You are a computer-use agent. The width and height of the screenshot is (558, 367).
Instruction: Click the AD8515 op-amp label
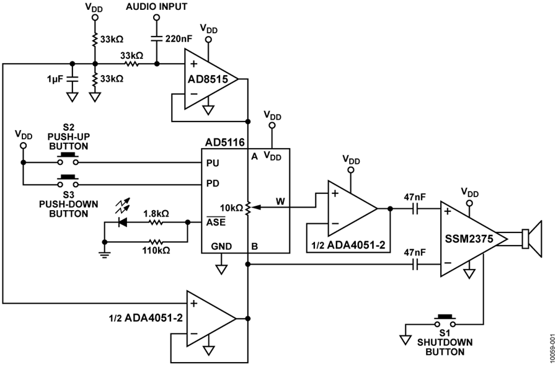pyautogui.click(x=208, y=79)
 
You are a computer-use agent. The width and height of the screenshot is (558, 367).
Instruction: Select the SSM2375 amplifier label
pyautogui.click(x=469, y=239)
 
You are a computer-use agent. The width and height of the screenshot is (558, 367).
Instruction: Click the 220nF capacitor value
pyautogui.click(x=179, y=38)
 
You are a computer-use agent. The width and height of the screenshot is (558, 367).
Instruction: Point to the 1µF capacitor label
pyautogui.click(x=55, y=79)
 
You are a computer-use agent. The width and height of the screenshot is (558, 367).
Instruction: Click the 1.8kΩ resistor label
pyautogui.click(x=156, y=214)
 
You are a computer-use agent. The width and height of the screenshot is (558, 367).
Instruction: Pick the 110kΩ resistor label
pyautogui.click(x=156, y=250)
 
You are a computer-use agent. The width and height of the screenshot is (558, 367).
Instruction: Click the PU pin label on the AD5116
pyautogui.click(x=213, y=163)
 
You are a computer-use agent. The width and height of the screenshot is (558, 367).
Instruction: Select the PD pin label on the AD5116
pyautogui.click(x=213, y=183)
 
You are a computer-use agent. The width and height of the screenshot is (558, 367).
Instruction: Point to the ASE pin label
pyautogui.click(x=216, y=221)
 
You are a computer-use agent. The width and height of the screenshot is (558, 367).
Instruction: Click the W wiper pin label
pyautogui.click(x=280, y=201)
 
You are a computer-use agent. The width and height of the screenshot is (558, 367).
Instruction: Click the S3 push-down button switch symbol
pyautogui.click(x=68, y=182)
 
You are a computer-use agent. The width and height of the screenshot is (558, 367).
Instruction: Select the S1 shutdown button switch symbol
pyautogui.click(x=445, y=321)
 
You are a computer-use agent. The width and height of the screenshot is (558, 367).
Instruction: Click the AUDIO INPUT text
pyautogui.click(x=156, y=7)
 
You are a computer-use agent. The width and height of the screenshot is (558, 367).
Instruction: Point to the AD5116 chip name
pyautogui.click(x=225, y=143)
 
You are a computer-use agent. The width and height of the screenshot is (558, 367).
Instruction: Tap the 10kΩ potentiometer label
pyautogui.click(x=231, y=208)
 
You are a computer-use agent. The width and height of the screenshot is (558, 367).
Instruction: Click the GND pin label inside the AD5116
pyautogui.click(x=221, y=246)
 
